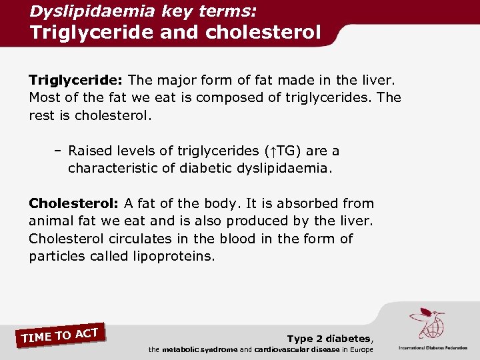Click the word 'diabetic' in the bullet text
click(207, 169)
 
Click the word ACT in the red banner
click(87, 331)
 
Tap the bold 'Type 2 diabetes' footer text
click(329, 339)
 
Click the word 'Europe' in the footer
click(361, 349)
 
